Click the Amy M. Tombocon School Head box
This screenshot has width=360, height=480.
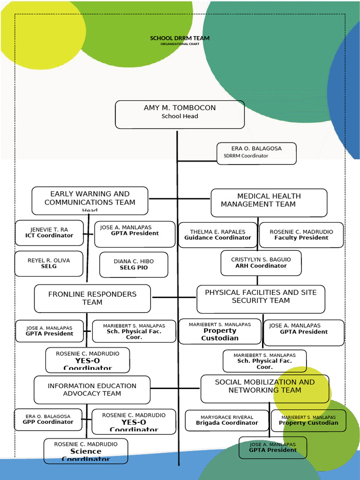click(x=180, y=114)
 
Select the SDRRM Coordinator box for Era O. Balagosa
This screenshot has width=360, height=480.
click(x=256, y=153)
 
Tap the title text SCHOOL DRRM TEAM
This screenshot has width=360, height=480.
click(x=180, y=38)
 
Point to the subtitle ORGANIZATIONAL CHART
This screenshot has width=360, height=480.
click(x=180, y=44)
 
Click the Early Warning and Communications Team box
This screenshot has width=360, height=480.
click(x=90, y=201)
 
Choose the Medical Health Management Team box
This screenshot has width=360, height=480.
click(x=269, y=202)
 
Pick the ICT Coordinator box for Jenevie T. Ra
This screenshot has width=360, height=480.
click(x=49, y=232)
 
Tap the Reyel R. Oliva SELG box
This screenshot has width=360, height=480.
click(x=49, y=263)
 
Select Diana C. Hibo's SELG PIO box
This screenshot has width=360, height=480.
click(x=134, y=264)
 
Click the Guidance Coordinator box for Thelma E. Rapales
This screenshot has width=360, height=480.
click(x=217, y=235)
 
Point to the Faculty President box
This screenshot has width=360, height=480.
click(x=301, y=235)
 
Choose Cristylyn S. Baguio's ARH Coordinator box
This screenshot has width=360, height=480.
click(x=261, y=262)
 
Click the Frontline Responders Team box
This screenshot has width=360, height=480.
click(x=92, y=298)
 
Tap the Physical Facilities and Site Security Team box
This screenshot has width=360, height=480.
click(x=261, y=299)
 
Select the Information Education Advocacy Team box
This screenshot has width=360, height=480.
click(x=92, y=390)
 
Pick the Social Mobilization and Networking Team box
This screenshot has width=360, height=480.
click(x=264, y=388)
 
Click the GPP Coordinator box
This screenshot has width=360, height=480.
click(x=48, y=419)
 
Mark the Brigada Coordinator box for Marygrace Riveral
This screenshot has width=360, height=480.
click(x=227, y=420)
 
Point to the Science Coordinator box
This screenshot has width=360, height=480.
click(x=86, y=450)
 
